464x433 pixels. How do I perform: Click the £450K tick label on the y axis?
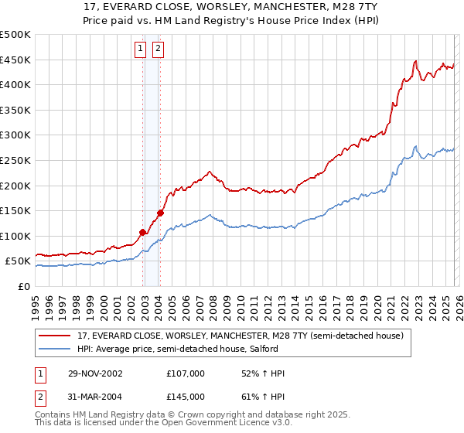(x=15, y=60)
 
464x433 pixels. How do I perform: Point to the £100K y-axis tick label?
(x=15, y=236)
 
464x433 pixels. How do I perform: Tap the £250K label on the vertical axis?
(x=15, y=160)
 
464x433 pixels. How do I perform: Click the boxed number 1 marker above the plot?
(x=141, y=49)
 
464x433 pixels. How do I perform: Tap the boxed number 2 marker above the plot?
(x=158, y=49)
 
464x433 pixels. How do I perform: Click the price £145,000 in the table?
(x=185, y=397)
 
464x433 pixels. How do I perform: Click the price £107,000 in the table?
(x=185, y=373)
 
